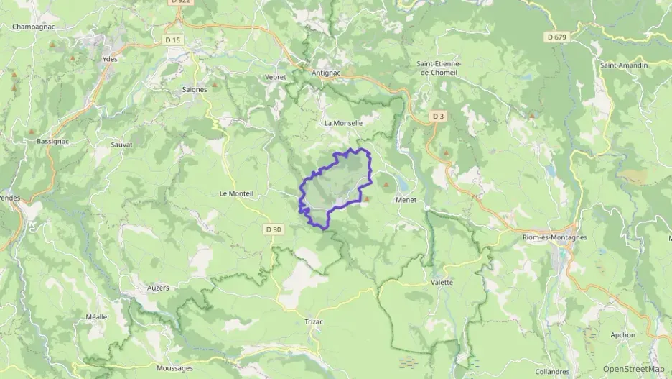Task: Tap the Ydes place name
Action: coord(110,59)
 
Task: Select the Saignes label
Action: coord(195,89)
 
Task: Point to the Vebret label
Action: coord(276,77)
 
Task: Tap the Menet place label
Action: coord(406,201)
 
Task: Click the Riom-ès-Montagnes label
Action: coord(554,237)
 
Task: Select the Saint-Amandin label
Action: coord(624,65)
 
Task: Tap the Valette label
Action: coord(442,282)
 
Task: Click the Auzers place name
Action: coord(157,288)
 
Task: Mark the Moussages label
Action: coord(174,367)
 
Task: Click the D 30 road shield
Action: coord(273,229)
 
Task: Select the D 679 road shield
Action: coord(556,37)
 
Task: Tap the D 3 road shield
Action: coord(438,116)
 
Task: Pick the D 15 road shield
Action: coord(172,40)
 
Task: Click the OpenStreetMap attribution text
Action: coord(633,368)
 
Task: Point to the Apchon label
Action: coord(622,334)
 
